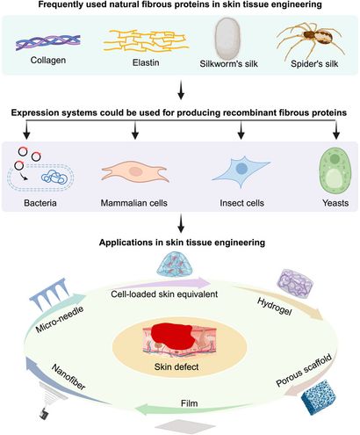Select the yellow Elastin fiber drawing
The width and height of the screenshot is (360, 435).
pos(132,44)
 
